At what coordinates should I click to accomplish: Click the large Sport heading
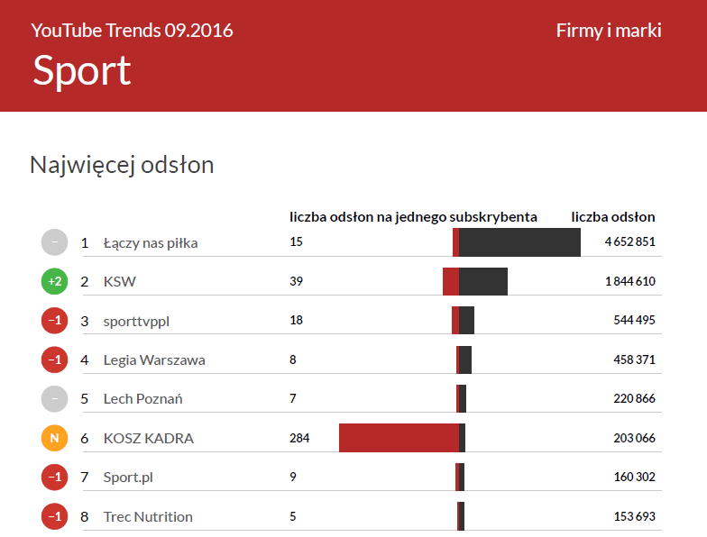coord(82,70)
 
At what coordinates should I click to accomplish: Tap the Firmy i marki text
coord(609,31)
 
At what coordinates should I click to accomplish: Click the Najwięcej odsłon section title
coord(122,165)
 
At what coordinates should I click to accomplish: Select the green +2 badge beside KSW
coord(54,282)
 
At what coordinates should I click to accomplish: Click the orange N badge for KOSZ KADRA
coord(54,439)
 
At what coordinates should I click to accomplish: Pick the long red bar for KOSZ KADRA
coord(399,438)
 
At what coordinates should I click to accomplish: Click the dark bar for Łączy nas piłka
coord(519,242)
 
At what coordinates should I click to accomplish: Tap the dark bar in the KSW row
coord(483,281)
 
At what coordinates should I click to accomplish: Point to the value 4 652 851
coord(629,242)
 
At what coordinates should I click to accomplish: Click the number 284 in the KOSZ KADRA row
coord(299,439)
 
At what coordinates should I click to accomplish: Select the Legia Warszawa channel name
coord(154,360)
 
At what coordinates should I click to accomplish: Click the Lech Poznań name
coord(142,399)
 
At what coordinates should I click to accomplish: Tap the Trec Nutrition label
coord(148,517)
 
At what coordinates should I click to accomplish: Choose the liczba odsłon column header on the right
coord(613,217)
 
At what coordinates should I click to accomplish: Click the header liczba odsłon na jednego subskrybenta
coord(413,217)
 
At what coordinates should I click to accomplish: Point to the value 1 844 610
coord(629,282)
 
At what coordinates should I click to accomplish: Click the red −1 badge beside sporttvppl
coord(54,321)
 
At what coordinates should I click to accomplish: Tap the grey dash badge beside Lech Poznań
coord(54,399)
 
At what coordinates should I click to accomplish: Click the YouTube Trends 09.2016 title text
coord(132,31)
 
